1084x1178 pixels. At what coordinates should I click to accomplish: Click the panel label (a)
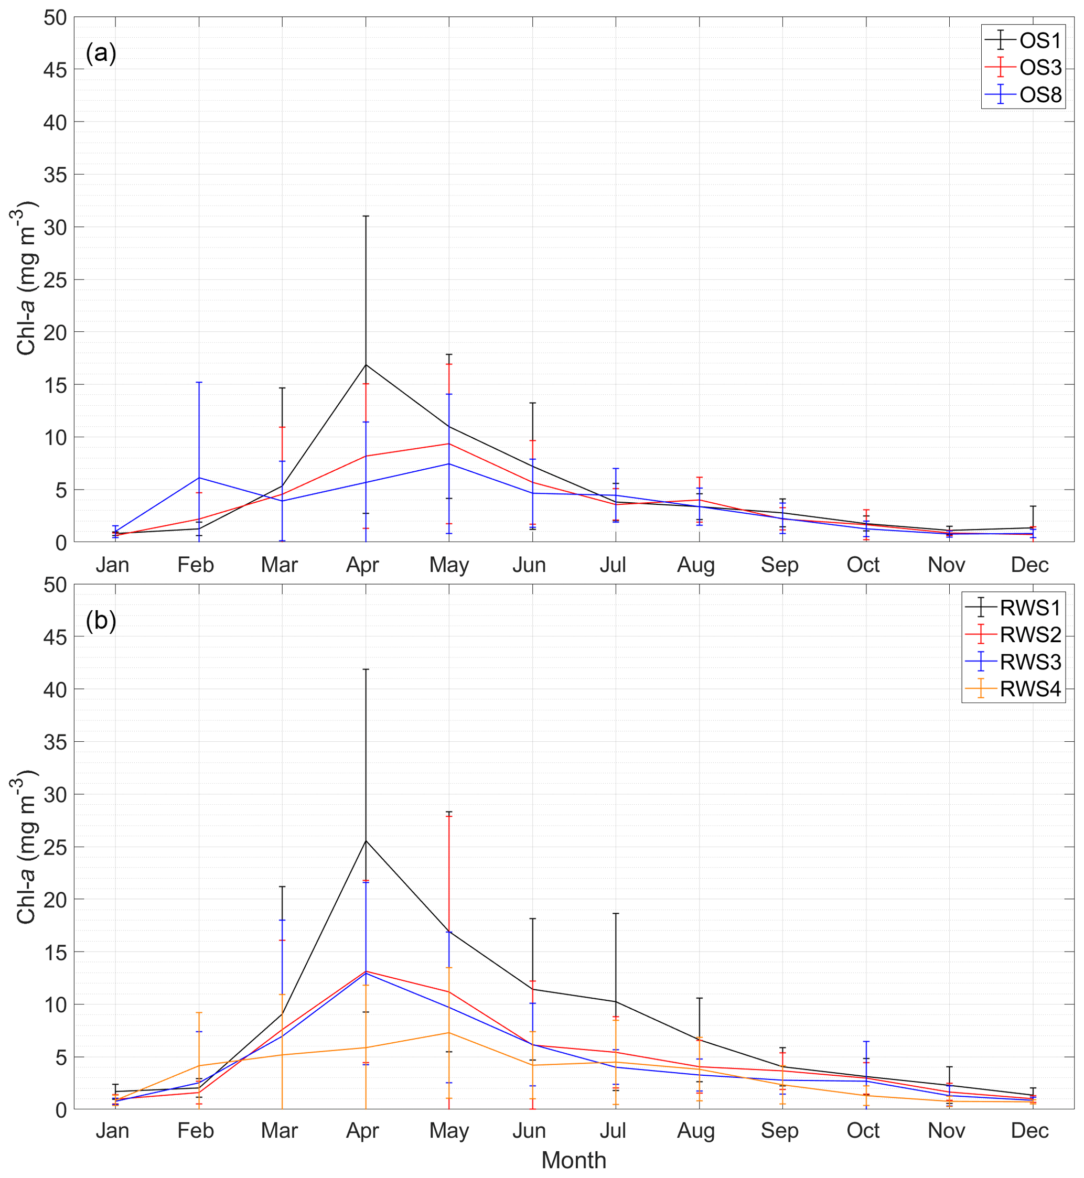click(x=101, y=53)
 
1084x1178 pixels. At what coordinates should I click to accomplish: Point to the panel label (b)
click(x=101, y=620)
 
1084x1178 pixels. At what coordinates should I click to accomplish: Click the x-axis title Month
click(x=573, y=1160)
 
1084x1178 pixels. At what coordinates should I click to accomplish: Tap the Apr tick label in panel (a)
click(x=362, y=565)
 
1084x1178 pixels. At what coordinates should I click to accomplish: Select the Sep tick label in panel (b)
click(x=779, y=1130)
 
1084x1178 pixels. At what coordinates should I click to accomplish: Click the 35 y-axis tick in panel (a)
click(x=55, y=175)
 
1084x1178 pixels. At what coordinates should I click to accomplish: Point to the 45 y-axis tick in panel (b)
click(x=55, y=637)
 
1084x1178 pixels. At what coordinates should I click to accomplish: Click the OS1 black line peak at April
click(x=366, y=365)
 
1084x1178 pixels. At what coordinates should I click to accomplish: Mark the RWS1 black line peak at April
click(x=366, y=841)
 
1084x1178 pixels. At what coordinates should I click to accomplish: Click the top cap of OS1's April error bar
click(x=366, y=217)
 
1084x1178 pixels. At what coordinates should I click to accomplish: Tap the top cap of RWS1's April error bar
click(x=366, y=669)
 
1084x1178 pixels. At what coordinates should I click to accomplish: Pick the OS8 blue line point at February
click(x=199, y=477)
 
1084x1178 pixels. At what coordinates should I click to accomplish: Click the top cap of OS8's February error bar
click(x=199, y=382)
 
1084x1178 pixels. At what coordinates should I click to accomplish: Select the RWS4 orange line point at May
click(x=449, y=1033)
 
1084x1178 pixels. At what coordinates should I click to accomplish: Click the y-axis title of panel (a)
click(x=26, y=278)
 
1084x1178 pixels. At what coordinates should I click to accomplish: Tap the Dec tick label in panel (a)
click(x=1029, y=565)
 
